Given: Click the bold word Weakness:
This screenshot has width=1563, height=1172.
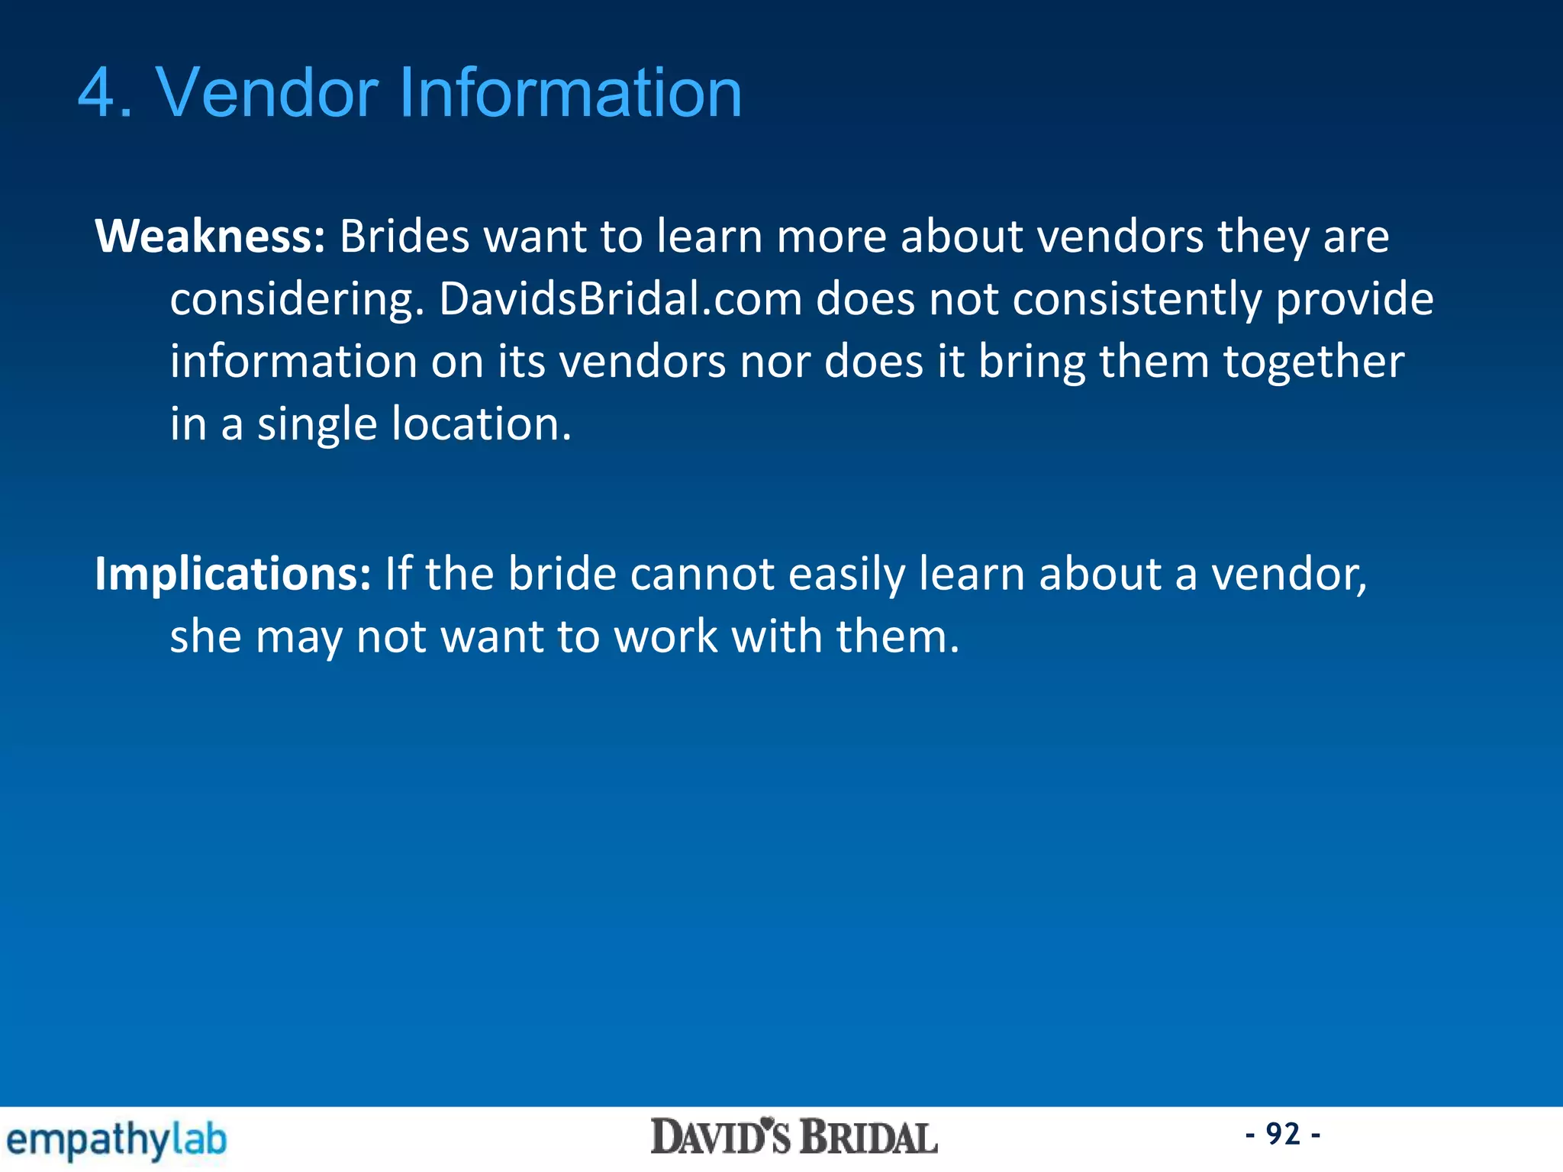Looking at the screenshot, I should coord(210,236).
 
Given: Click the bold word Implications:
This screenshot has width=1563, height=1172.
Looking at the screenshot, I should coord(233,574).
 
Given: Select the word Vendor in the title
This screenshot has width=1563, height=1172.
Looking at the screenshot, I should coord(267,93).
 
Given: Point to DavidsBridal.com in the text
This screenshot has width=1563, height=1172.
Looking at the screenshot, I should coord(620,298).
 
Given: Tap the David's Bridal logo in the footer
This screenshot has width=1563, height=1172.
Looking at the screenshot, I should coord(794,1138).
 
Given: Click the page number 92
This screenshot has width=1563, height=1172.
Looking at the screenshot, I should coord(1283,1134).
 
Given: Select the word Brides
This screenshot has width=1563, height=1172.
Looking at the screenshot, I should coord(404,236).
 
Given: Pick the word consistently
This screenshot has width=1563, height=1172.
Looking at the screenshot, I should coord(1136,298).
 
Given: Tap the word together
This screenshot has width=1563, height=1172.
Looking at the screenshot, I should coord(1313,362).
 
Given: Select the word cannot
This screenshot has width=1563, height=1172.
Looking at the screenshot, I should coord(702,574).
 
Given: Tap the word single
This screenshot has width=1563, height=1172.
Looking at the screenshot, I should coord(317,425).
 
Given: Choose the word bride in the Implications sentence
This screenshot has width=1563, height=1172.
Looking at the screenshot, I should coord(562,574).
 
